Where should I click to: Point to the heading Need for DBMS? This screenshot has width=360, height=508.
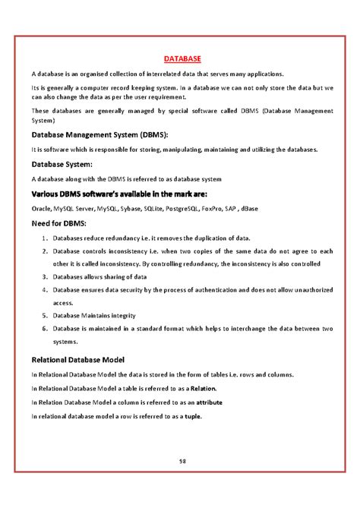point(58,223)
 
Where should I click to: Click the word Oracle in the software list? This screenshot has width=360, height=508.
point(41,207)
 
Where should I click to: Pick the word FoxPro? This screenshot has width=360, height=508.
point(244,207)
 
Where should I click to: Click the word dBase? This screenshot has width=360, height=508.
point(294,207)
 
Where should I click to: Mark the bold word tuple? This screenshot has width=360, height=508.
point(192,416)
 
